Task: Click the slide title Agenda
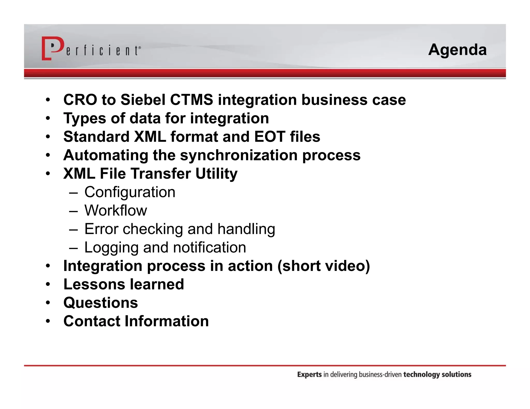pos(457,50)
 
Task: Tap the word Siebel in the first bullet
pos(143,100)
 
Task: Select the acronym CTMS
pos(192,100)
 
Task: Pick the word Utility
pos(216,173)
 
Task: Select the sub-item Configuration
pos(130,192)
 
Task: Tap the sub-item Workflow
pos(115,210)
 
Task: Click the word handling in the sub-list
pos(246,229)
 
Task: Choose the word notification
pos(209,247)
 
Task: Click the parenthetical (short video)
pos(323,266)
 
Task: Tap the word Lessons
pos(94,284)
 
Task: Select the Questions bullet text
pos(101,303)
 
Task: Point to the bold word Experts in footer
pos(309,374)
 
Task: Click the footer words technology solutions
pos(437,374)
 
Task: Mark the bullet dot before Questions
pos(48,303)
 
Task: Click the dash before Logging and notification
pos(73,247)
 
